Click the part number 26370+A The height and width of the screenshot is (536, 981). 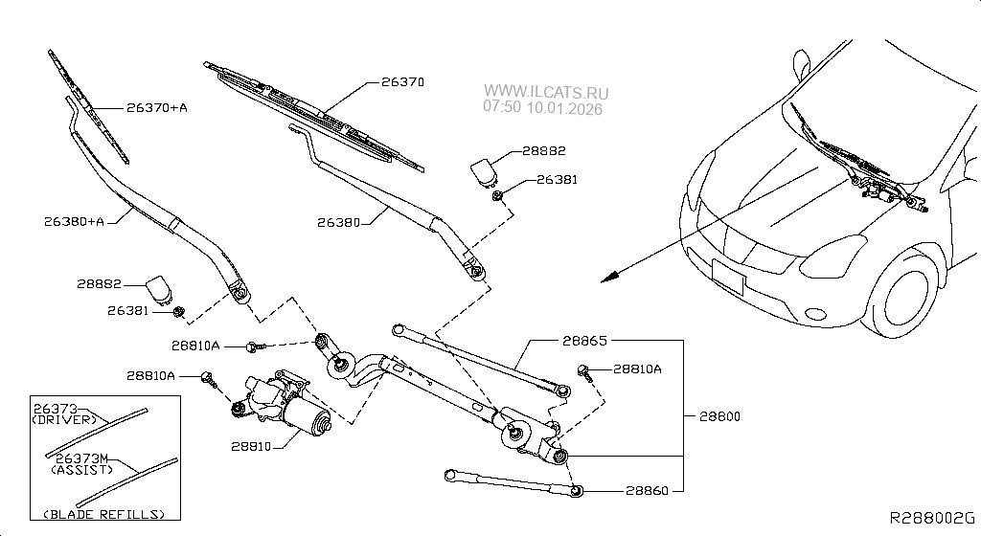(x=155, y=107)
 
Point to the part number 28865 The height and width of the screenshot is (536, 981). (x=585, y=340)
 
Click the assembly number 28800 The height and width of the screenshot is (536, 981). (x=719, y=416)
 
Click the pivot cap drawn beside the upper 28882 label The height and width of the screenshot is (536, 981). (x=486, y=170)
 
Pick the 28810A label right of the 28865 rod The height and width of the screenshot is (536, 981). (x=637, y=368)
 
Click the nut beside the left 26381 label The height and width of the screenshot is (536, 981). (x=179, y=310)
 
